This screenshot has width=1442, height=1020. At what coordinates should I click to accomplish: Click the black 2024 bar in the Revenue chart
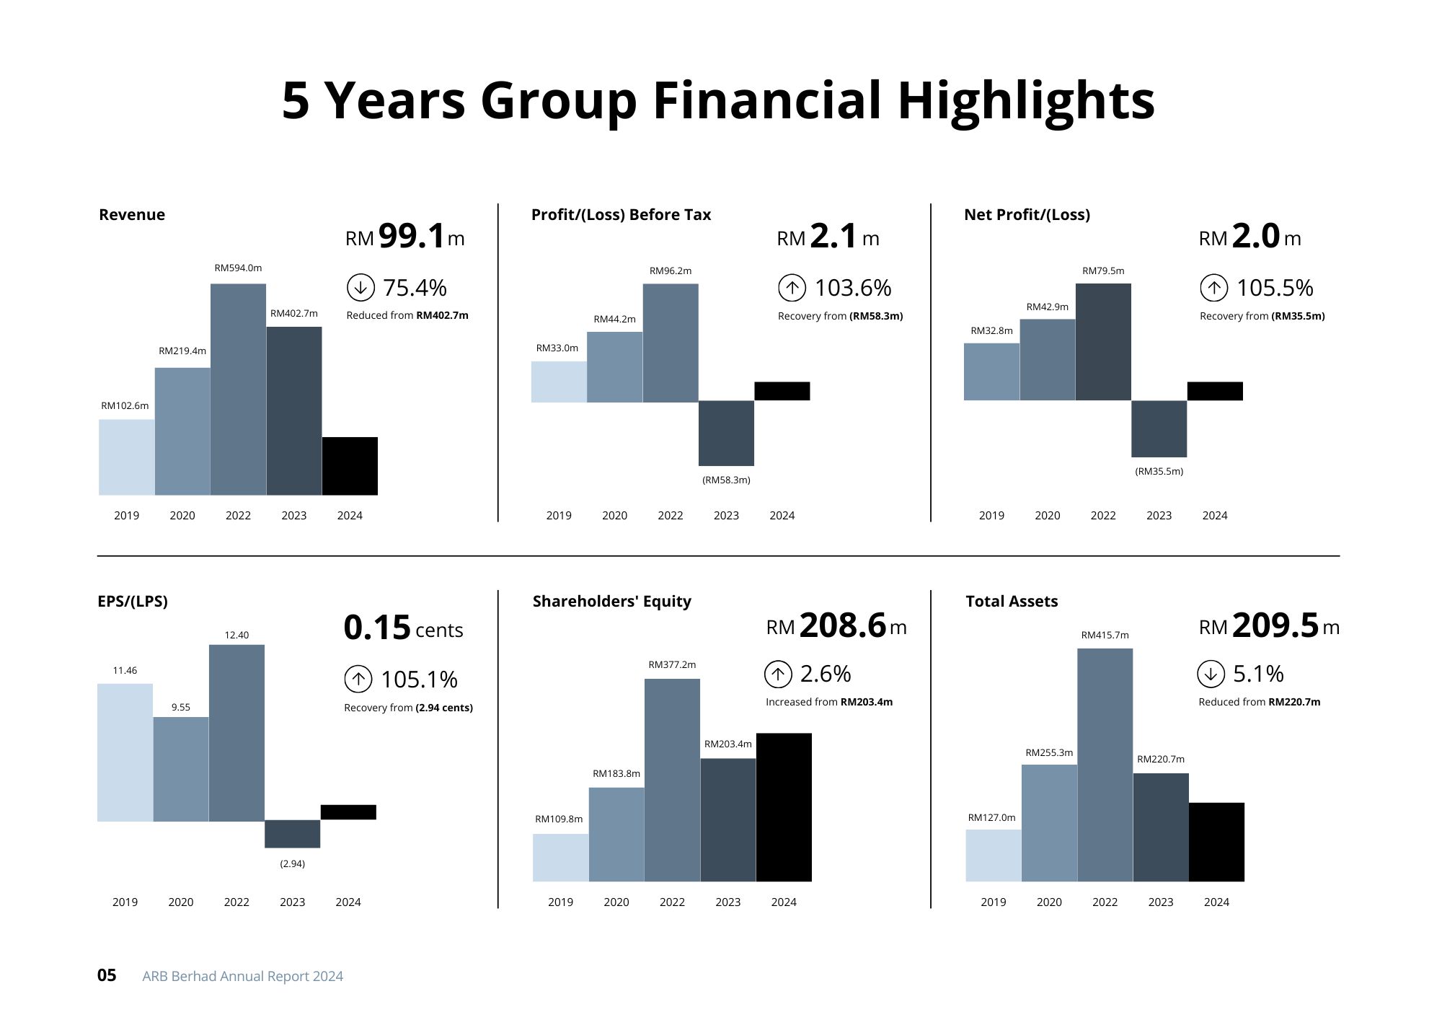point(350,466)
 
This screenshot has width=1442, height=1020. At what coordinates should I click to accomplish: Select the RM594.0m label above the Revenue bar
point(238,268)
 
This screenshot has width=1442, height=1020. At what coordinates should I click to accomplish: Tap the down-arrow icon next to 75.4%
point(360,287)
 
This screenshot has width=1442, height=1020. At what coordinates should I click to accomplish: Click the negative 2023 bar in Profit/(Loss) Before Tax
point(726,433)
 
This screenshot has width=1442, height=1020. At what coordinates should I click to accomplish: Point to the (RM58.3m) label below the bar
point(726,480)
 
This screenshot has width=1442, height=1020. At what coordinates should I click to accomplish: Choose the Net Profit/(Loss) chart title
point(1027,214)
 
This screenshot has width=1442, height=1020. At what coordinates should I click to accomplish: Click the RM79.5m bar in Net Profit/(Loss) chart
point(1103,342)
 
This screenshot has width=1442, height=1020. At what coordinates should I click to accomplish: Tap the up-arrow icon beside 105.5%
point(1214,288)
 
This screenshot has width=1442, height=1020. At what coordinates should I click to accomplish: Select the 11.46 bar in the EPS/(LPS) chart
point(125,752)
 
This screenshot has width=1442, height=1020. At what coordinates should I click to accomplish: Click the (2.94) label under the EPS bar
point(292,863)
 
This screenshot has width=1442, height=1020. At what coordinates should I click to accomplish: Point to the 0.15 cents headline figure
point(403,628)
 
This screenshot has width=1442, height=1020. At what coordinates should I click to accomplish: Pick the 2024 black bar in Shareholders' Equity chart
point(784,807)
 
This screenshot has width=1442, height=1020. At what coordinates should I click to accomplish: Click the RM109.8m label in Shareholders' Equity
point(559,819)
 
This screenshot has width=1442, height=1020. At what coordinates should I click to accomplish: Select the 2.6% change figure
point(826,674)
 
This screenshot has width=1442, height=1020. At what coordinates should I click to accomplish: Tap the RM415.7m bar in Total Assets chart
point(1105,765)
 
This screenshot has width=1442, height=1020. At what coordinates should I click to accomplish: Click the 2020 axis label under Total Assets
point(1049,902)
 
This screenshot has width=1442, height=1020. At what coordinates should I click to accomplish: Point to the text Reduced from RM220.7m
point(1259,702)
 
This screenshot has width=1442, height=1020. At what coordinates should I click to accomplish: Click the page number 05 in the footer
point(107,975)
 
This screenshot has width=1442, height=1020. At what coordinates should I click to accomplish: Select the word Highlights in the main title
point(1026,100)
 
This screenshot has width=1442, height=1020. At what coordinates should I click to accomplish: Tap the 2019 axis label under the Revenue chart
point(126,515)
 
